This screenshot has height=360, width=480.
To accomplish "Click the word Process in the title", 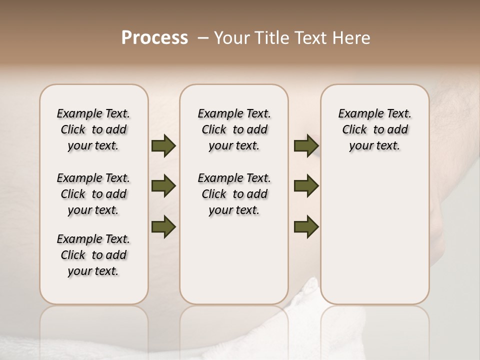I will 154,38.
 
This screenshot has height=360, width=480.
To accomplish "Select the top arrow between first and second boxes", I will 163,146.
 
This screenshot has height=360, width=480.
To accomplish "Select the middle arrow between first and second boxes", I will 163,186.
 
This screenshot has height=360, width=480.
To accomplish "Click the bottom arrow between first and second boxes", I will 163,227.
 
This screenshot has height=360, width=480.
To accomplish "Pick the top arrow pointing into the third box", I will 306,146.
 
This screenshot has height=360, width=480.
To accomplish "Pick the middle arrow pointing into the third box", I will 306,186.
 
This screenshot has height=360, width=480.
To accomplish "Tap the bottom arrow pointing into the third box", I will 306,227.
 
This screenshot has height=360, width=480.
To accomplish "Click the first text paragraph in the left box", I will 93,129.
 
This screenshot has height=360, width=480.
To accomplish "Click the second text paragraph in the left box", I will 93,194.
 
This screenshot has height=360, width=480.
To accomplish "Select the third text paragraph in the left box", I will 93,255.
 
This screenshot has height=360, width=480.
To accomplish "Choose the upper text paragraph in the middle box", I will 234,129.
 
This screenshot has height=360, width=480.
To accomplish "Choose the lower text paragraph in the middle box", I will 234,194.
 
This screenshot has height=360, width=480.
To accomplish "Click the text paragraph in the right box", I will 374,129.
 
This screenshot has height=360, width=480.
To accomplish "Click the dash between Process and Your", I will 202,38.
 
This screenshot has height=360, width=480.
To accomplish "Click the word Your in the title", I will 232,38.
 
